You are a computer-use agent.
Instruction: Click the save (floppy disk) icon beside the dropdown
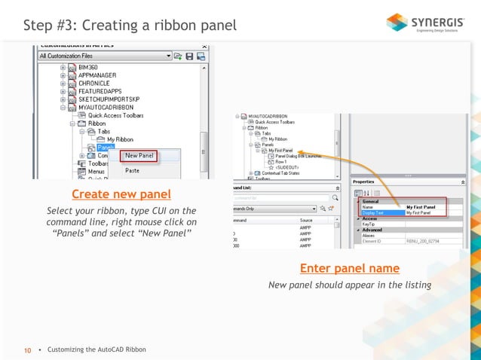(190, 56)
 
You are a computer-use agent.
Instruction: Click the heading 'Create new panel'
(121, 194)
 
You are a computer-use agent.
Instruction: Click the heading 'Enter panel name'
(349, 268)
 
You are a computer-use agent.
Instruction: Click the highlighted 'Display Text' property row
(381, 213)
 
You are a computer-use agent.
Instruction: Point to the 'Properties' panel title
(364, 182)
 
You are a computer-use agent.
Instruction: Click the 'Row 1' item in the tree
(282, 162)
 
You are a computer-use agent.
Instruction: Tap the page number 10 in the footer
(28, 350)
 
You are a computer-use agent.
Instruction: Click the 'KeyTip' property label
(369, 224)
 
